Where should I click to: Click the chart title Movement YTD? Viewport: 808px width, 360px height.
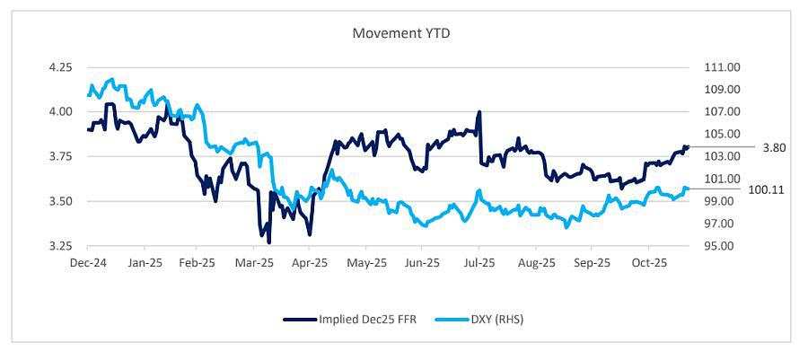coord(403,33)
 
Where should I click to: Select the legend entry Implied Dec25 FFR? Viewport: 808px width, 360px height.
coord(350,319)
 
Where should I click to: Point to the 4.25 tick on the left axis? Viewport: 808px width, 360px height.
coord(61,67)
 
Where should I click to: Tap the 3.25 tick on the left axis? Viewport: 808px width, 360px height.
coord(61,246)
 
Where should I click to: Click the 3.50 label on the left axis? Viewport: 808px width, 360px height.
coord(61,201)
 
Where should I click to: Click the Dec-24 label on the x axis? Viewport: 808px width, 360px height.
coord(87,264)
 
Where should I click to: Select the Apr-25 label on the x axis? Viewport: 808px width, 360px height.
coord(310,264)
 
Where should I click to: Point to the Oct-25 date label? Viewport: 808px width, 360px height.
coord(647,264)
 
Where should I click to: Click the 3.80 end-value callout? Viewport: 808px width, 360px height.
coord(775,147)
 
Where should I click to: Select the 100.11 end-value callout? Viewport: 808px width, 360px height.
coord(767,190)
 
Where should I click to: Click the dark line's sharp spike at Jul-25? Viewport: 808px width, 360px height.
coord(479,112)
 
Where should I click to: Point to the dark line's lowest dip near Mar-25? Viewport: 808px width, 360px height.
coord(268,242)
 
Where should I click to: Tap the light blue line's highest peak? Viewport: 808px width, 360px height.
coord(110,79)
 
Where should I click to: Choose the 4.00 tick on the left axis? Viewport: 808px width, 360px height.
coord(61,112)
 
